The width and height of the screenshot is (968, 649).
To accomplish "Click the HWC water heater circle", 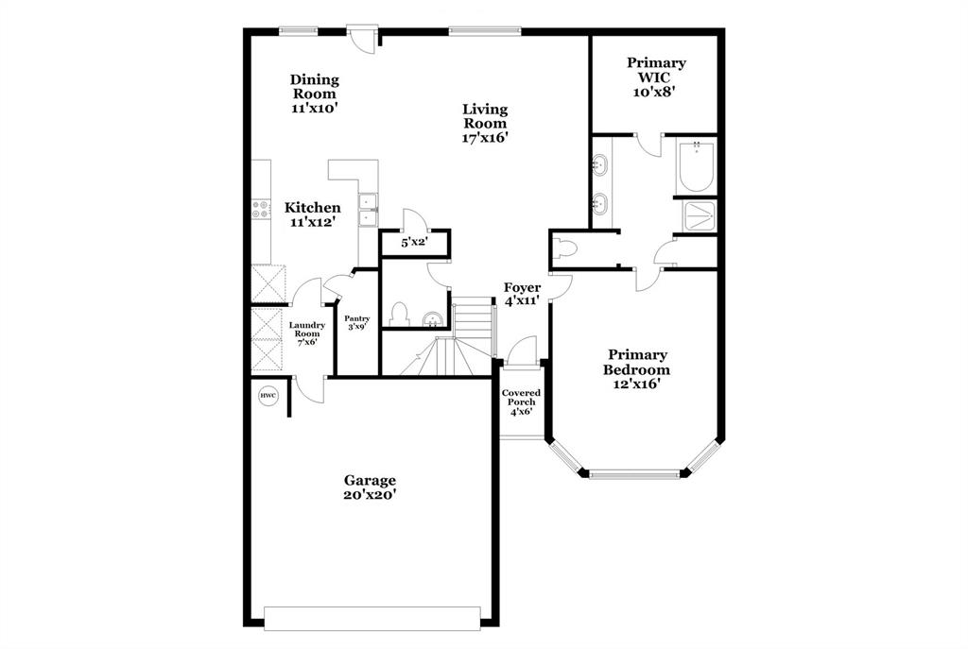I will click(x=268, y=395).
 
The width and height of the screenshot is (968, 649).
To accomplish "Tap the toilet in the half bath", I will click(x=399, y=314).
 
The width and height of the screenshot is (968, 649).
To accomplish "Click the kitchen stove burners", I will click(x=261, y=210).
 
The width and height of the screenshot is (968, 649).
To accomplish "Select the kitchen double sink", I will click(x=368, y=210).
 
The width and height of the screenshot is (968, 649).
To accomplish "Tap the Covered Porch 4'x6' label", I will click(x=520, y=401).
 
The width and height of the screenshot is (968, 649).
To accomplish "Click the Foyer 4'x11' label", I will click(x=521, y=294).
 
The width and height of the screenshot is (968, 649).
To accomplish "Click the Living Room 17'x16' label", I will click(x=485, y=123).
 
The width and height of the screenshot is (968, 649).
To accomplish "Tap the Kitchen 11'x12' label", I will click(x=313, y=214).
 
